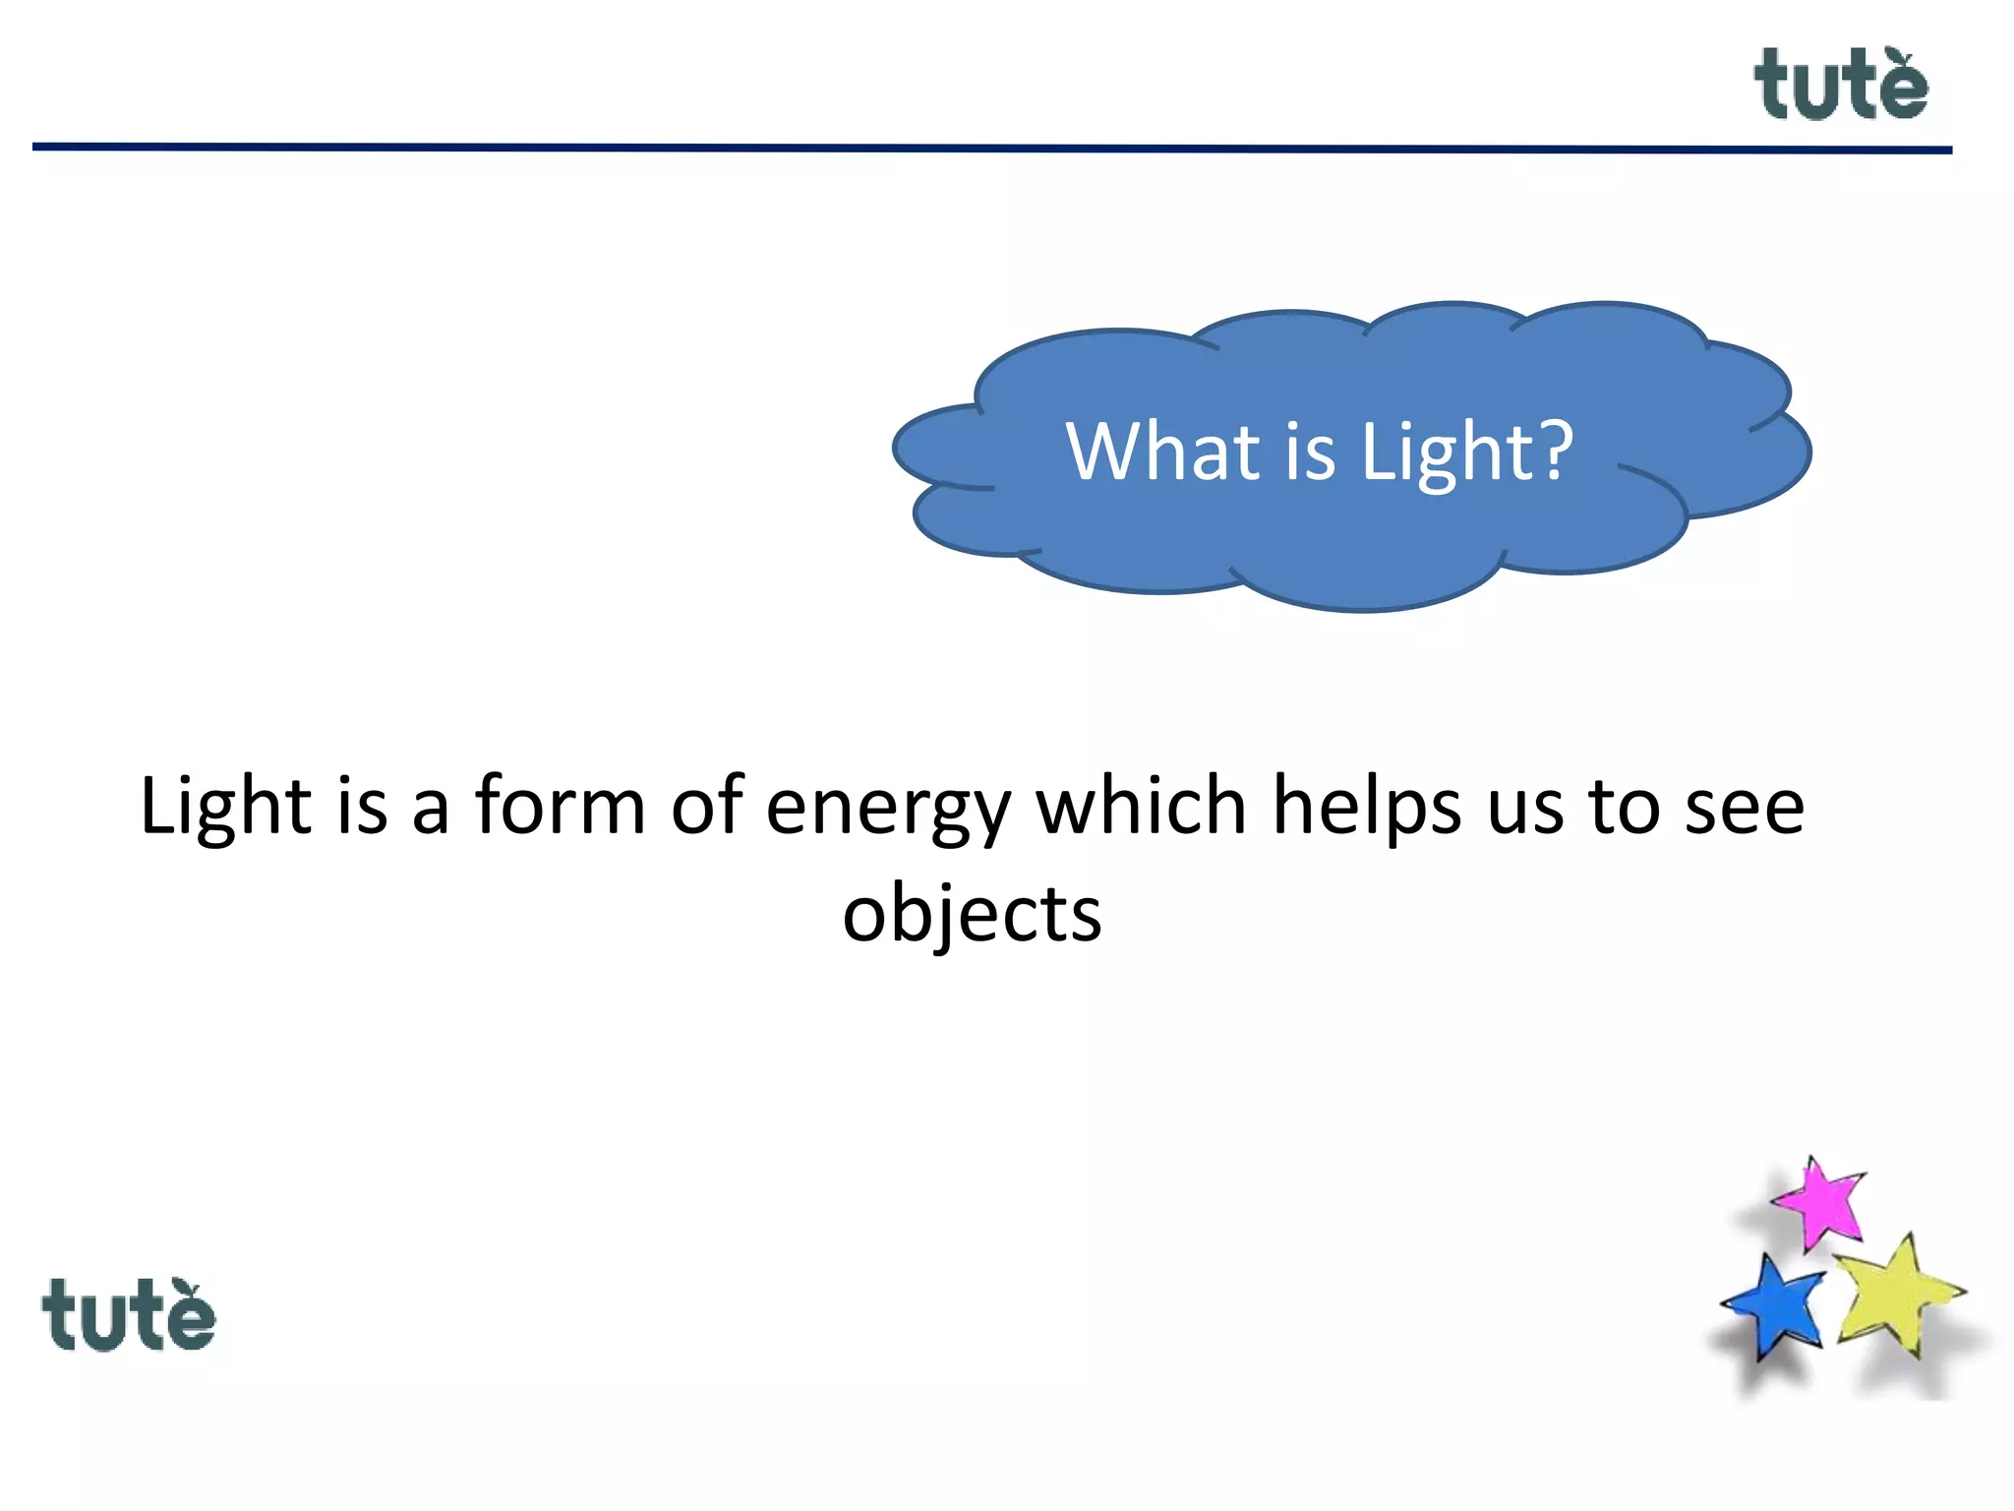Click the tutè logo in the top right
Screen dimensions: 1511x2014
pyautogui.click(x=1840, y=86)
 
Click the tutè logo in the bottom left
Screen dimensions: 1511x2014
pyautogui.click(x=128, y=1315)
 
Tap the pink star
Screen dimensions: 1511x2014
pyautogui.click(x=1820, y=1202)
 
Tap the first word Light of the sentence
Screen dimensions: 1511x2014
pyautogui.click(x=225, y=807)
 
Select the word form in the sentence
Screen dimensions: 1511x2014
pyautogui.click(x=561, y=807)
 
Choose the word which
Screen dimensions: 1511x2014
pyautogui.click(x=1142, y=807)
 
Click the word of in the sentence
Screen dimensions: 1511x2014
pyautogui.click(x=706, y=807)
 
